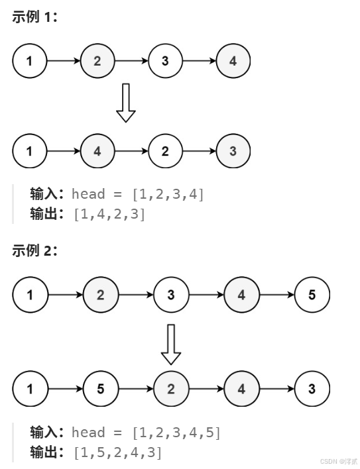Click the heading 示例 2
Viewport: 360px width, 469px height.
35,250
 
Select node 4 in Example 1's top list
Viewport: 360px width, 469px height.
233,62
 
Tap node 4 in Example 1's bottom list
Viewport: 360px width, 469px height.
97,151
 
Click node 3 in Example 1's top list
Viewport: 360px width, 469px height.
165,62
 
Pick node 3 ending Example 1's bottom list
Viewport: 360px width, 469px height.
233,151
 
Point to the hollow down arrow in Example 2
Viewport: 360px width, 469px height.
171,344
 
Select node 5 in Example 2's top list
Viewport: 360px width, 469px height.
312,295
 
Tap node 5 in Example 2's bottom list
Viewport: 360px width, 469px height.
100,389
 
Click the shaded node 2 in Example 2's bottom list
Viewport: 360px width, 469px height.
171,389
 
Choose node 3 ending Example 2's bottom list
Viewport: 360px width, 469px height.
312,389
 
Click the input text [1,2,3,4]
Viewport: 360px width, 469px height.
168,194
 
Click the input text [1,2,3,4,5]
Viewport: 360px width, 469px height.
176,433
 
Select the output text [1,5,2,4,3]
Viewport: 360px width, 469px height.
117,452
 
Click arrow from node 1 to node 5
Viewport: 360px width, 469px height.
66,389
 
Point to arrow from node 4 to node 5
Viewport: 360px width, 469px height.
276,295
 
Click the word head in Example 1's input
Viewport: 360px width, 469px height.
88,194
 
